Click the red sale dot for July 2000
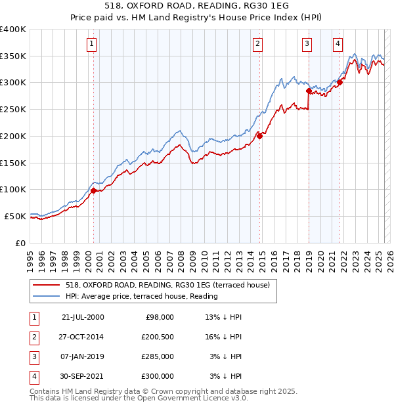click(93, 190)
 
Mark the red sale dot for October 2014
click(260, 135)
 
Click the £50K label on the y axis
click(15, 216)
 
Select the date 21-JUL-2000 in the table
click(83, 316)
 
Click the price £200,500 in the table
click(156, 337)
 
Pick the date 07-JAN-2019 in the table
click(83, 356)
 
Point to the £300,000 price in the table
click(156, 377)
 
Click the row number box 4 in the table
click(33, 377)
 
